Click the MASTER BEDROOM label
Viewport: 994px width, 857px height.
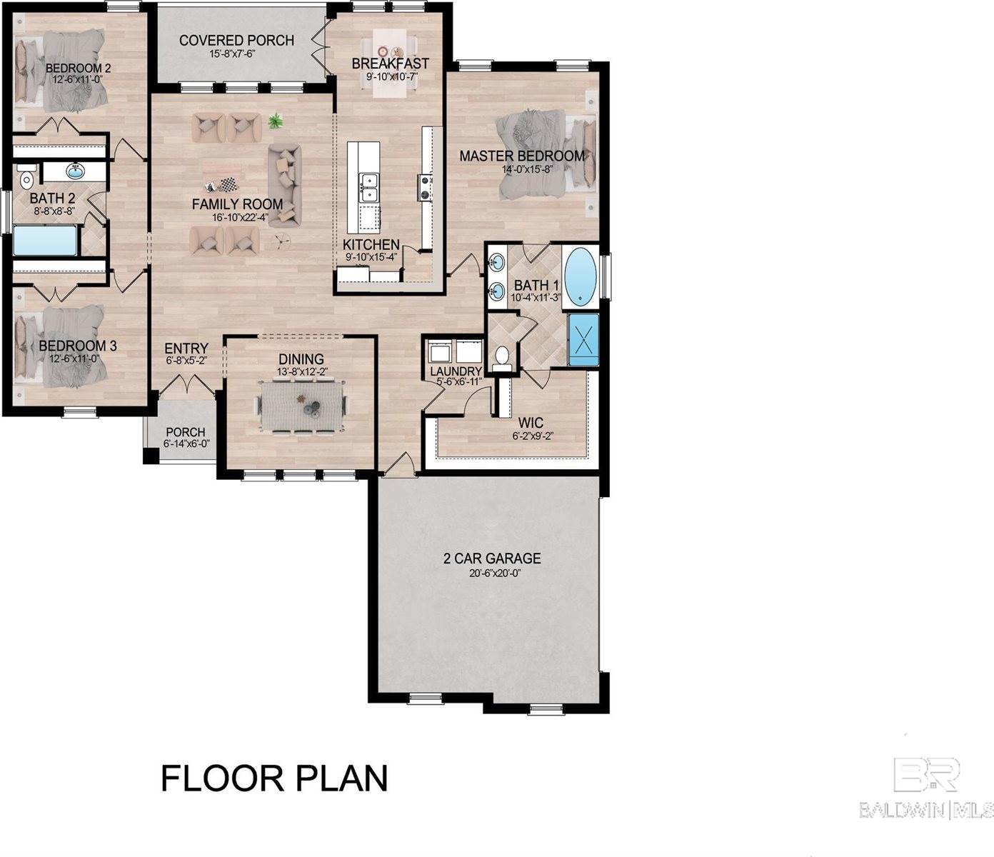pyautogui.click(x=521, y=156)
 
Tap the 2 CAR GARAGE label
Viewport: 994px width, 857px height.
pyautogui.click(x=492, y=558)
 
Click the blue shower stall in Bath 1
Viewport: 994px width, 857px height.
pyautogui.click(x=583, y=341)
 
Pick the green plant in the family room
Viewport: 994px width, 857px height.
pyautogui.click(x=274, y=122)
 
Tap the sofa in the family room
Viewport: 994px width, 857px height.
pyautogui.click(x=285, y=184)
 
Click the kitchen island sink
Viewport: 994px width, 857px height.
pyautogui.click(x=369, y=188)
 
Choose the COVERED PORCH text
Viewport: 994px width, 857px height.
pyautogui.click(x=236, y=40)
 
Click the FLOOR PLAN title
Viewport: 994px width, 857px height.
pyautogui.click(x=274, y=778)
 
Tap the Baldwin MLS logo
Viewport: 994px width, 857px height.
pyautogui.click(x=926, y=786)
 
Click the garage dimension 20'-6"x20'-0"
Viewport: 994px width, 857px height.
pyautogui.click(x=492, y=573)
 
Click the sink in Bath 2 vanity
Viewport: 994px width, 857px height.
pyautogui.click(x=75, y=171)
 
